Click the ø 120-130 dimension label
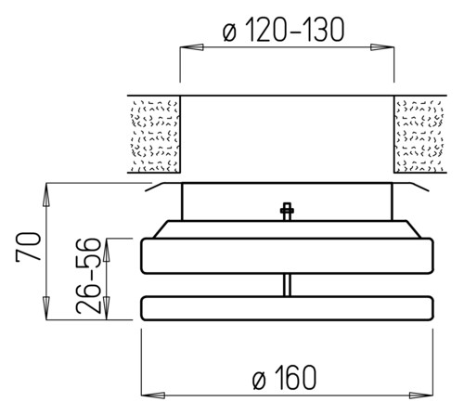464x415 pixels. click(283, 30)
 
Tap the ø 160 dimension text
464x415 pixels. click(285, 378)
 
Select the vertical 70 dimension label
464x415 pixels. click(29, 247)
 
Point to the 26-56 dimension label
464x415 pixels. click(89, 276)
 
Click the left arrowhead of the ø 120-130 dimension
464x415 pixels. click(192, 47)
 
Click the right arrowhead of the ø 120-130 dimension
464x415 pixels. click(382, 47)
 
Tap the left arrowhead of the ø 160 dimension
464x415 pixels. click(153, 396)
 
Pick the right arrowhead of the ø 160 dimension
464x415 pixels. click(421, 396)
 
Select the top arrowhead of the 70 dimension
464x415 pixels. click(46, 195)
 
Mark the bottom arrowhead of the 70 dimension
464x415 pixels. click(46, 308)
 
